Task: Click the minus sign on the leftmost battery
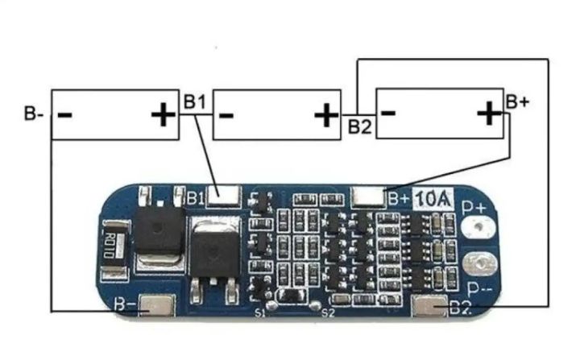point(65,114)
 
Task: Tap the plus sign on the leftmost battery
point(163,115)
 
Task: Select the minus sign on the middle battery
point(226,115)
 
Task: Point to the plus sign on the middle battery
point(326,115)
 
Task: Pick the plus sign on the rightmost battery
point(488,114)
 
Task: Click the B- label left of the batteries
point(34,114)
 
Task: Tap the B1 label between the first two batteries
point(195,102)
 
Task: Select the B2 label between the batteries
point(360,126)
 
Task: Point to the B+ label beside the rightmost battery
point(518,102)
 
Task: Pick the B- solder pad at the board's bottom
point(155,307)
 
